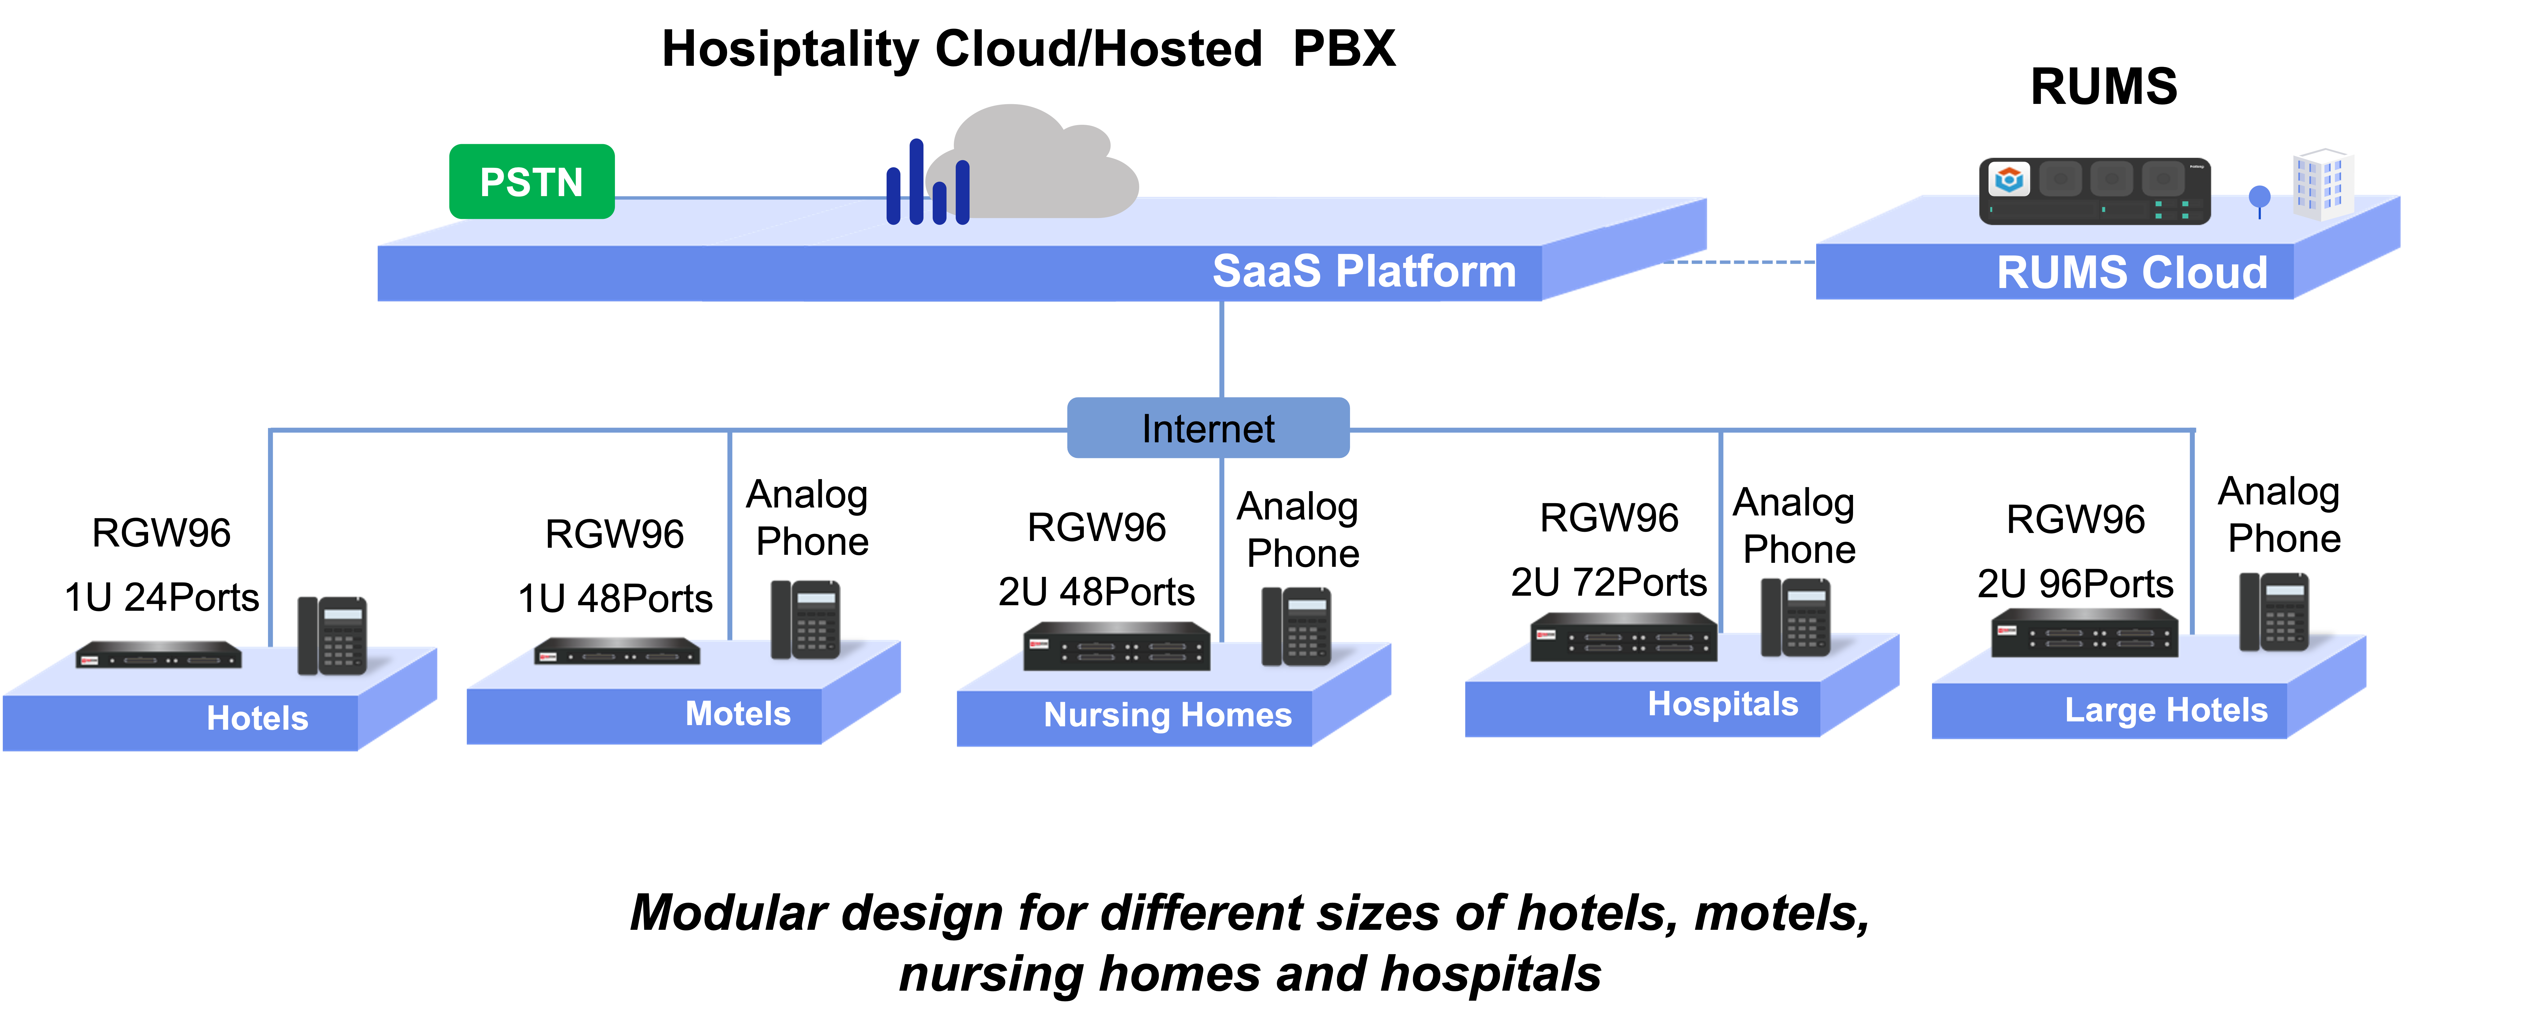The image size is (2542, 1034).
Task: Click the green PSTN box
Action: click(532, 182)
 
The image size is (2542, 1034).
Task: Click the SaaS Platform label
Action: click(1364, 271)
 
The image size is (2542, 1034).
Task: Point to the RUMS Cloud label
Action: click(2131, 272)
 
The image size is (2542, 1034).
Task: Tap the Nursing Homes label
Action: click(1167, 714)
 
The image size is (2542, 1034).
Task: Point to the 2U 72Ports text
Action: click(1608, 582)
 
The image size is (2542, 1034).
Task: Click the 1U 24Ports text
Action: click(162, 597)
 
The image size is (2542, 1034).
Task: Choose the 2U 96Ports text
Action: click(2075, 584)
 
